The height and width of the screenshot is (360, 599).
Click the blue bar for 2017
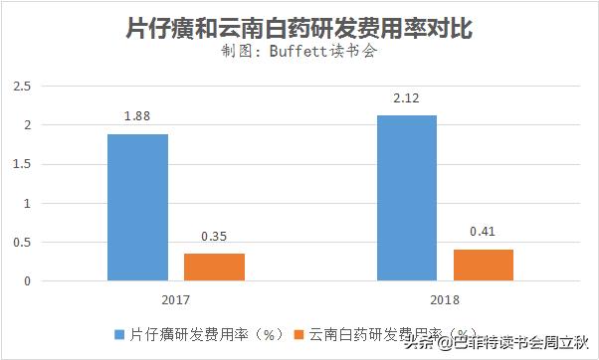[138, 207]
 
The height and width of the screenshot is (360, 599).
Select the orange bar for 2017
[214, 267]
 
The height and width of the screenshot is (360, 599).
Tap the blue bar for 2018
[407, 198]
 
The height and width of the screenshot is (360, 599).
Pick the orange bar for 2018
[483, 265]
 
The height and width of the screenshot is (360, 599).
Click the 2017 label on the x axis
[175, 298]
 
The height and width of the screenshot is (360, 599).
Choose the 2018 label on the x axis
[445, 298]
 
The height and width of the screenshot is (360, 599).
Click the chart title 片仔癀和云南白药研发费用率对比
[299, 26]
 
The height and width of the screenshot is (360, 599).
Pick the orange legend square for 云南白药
[303, 334]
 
